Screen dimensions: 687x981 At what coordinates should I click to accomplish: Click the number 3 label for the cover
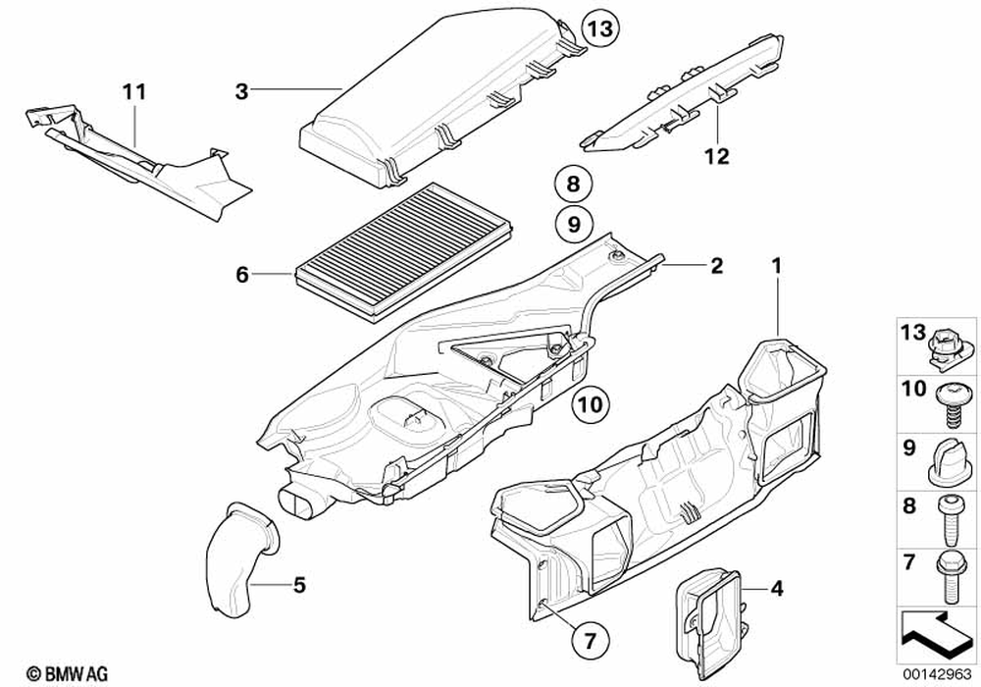240,91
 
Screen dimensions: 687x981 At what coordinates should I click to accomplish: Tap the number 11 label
134,92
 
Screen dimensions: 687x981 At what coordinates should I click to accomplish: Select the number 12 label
717,156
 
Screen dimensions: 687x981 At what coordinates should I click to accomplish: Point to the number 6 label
242,277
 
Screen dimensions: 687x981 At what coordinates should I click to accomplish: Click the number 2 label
716,265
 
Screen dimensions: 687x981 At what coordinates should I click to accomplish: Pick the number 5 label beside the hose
299,587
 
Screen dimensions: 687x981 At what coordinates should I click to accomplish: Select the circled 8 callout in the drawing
573,184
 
